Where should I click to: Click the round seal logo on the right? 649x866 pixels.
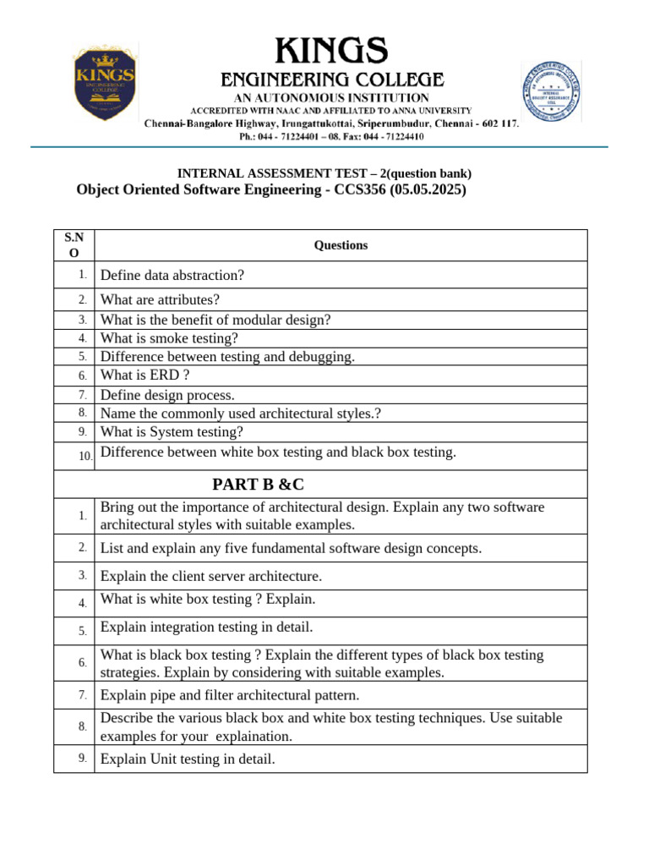coord(549,93)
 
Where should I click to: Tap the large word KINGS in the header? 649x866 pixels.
coord(331,52)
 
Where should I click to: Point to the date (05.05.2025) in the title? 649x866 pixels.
coord(428,190)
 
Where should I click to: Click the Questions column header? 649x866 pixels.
coord(341,245)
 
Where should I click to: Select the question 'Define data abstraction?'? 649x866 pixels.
coord(172,276)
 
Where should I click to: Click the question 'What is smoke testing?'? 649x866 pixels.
coord(169,338)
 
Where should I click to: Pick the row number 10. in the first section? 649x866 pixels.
coord(85,456)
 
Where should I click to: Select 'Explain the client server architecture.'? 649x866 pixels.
coord(211,576)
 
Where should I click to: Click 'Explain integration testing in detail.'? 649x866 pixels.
coord(206,628)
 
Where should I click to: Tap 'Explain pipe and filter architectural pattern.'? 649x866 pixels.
coord(230,695)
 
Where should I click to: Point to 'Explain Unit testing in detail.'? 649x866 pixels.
coord(188,759)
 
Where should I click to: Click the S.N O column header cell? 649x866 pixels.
coord(74,245)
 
